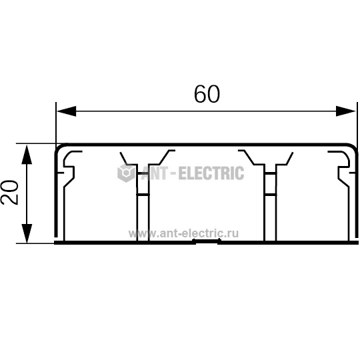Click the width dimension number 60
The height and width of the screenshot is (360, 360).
[x=207, y=94]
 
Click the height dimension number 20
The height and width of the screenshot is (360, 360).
[x=9, y=193]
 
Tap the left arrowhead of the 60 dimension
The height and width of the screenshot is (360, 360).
[x=67, y=111]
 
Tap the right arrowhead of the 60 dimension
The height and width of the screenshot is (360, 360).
[x=345, y=111]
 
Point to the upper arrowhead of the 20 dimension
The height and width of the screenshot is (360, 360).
[x=27, y=154]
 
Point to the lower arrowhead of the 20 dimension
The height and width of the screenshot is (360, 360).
[x=27, y=233]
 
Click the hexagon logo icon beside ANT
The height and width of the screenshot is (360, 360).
[x=126, y=173]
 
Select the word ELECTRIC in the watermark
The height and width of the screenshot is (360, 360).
[x=211, y=173]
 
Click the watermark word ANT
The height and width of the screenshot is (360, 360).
[x=155, y=173]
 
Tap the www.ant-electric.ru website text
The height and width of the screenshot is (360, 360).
[x=183, y=233]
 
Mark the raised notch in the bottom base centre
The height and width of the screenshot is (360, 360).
[x=207, y=241]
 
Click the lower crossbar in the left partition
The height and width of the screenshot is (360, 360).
[x=143, y=195]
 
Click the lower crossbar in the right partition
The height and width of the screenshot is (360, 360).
[x=270, y=195]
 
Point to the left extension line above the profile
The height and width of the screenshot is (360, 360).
[x=56, y=123]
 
